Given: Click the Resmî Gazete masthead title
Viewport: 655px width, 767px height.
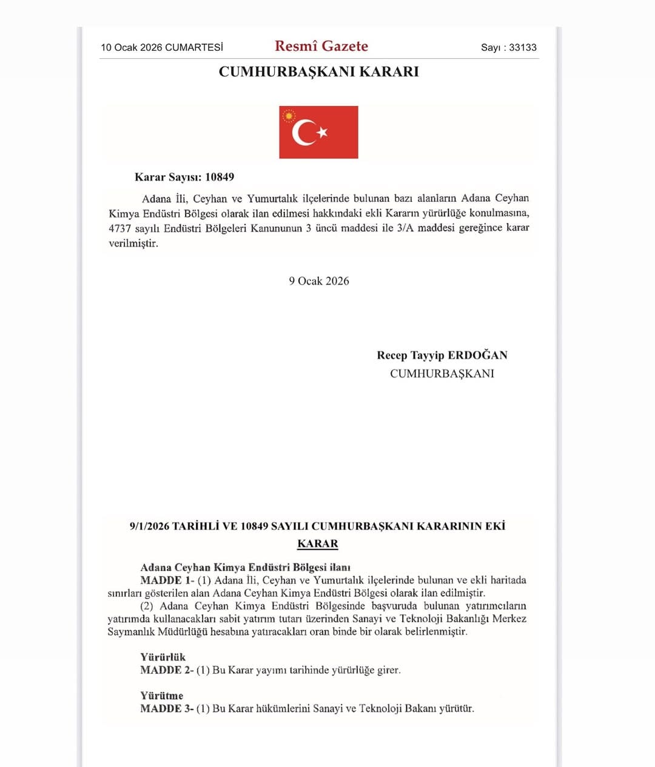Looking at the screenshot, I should [321, 46].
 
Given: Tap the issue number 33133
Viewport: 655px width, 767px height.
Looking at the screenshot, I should [523, 47].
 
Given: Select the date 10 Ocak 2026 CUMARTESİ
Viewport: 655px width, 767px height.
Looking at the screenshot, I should [162, 47].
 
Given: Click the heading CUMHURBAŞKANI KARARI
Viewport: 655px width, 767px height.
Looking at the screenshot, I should [318, 71].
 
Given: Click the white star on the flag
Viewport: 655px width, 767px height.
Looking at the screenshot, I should [322, 131].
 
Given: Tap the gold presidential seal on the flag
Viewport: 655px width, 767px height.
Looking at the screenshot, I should [289, 115].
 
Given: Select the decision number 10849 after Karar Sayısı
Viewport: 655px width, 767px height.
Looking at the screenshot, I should [220, 177].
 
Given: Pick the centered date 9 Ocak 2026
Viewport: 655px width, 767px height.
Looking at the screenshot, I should [319, 281].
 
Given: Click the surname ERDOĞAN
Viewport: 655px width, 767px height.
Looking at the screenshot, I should [477, 355].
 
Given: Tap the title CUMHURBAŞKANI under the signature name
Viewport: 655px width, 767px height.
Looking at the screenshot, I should [442, 373].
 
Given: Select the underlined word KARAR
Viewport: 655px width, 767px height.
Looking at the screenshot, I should [318, 543].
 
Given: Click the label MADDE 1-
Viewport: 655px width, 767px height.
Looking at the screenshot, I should [167, 580].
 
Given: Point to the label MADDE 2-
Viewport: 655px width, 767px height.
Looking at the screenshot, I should [167, 669].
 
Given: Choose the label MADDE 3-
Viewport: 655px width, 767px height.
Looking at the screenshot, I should [167, 708].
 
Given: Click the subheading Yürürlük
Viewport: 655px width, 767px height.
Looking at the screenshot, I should [163, 657].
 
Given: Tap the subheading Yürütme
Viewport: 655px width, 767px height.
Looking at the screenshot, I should [161, 696].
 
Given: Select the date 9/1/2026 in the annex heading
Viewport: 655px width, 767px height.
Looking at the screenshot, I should [149, 526].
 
